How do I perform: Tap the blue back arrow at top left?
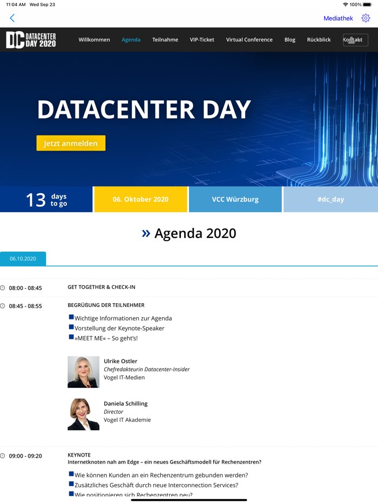pos(12,18)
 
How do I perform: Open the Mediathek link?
pos(338,18)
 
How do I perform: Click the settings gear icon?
pos(366,18)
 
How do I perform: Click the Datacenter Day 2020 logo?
pos(31,40)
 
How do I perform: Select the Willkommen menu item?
pos(94,40)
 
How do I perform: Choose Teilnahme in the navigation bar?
pos(165,40)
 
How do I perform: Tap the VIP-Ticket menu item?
pos(202,40)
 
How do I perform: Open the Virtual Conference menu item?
pos(249,40)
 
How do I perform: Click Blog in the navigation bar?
pos(290,40)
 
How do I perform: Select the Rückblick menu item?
pos(319,40)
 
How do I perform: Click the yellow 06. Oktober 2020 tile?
pos(140,199)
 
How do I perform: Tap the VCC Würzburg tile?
pos(235,199)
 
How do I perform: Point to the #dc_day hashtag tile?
pos(330,199)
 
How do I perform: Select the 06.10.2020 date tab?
pos(23,259)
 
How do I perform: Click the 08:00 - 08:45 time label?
pos(25,288)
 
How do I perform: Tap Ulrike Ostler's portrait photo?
pos(83,372)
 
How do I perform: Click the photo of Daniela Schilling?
pos(83,414)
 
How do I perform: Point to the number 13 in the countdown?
pos(36,200)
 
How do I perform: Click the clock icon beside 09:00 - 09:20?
pos(3,456)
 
